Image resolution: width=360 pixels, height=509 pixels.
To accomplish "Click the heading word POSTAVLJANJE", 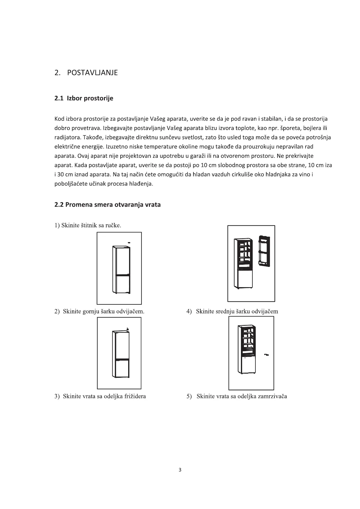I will (x=92, y=73).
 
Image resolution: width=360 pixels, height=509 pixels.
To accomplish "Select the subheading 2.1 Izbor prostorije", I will (x=84, y=99).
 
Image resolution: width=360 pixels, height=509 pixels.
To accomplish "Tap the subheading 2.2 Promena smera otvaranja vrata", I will (x=107, y=205).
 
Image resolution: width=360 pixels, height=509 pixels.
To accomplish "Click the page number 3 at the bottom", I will (x=180, y=470).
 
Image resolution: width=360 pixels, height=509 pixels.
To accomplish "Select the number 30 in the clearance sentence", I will (x=60, y=174).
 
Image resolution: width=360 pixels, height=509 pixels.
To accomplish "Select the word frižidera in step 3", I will (x=135, y=396).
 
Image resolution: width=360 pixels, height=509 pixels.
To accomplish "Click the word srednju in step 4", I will (x=225, y=311).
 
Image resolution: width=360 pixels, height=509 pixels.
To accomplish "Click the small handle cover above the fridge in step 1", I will (x=129, y=242).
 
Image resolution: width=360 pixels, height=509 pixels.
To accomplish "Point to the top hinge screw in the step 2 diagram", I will (x=128, y=329).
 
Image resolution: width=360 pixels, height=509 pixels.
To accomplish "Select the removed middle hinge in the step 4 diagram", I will (x=267, y=354).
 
